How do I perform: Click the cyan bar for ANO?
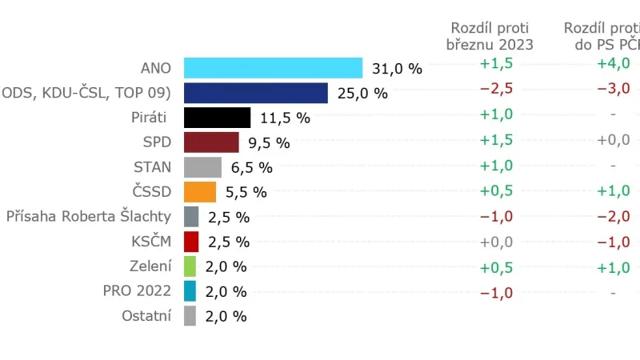click(273, 68)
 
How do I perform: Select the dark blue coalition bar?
click(256, 93)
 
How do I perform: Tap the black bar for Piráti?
click(218, 118)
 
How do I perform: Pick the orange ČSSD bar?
click(200, 192)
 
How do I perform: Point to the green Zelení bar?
click(190, 266)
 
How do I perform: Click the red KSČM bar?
click(190, 242)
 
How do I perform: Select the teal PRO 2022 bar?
click(190, 291)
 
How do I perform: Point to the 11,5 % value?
click(285, 118)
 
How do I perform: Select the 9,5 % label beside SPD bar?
click(270, 143)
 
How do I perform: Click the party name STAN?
click(152, 167)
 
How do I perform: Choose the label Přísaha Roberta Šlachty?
click(89, 216)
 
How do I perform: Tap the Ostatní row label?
click(146, 315)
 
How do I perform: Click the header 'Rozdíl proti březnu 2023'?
click(490, 36)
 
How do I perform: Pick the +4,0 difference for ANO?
click(614, 63)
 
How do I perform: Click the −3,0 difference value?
click(614, 88)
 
